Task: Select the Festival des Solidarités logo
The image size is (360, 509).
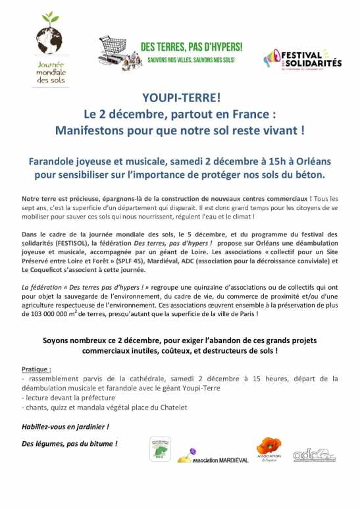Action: [x=302, y=59]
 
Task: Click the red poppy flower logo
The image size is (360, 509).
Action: [x=268, y=446]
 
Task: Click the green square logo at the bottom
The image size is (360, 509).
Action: [x=161, y=448]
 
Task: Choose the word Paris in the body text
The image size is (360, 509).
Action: [x=241, y=315]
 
